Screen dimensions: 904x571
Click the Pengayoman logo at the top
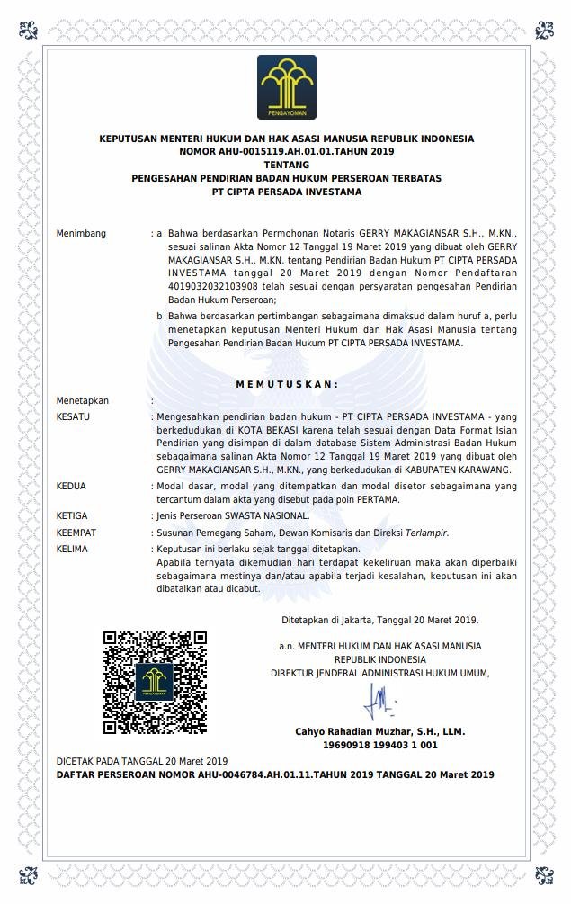click(x=286, y=87)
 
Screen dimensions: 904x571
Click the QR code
click(x=155, y=682)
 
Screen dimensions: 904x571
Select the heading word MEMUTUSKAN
click(x=287, y=384)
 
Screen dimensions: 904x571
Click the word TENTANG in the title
click(x=286, y=165)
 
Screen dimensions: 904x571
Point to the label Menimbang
click(x=81, y=234)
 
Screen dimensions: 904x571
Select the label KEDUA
click(x=71, y=486)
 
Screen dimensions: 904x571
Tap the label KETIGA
click(x=72, y=515)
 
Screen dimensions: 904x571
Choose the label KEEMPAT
click(x=76, y=533)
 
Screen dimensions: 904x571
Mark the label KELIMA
click(x=72, y=549)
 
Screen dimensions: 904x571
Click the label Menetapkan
click(x=83, y=400)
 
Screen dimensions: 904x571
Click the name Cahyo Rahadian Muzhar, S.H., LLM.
click(x=379, y=732)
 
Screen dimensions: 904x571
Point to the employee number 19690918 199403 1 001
click(x=379, y=745)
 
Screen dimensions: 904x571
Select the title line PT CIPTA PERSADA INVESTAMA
click(x=286, y=192)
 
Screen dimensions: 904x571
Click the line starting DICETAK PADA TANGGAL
click(x=142, y=761)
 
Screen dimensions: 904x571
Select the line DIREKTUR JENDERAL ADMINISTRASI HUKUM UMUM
click(x=379, y=673)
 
